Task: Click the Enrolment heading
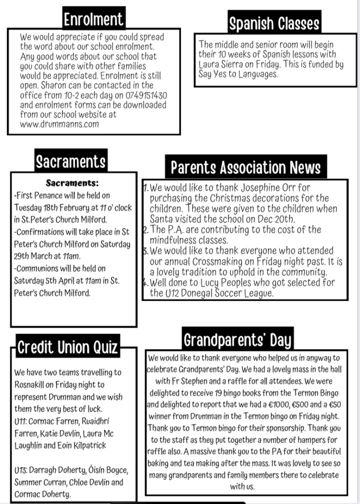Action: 93,19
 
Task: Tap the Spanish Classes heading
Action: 274,23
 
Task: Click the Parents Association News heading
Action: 246,168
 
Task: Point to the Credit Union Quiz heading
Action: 68,347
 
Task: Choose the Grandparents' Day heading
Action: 237,340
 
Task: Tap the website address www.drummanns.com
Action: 59,124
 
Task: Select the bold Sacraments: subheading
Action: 72,183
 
